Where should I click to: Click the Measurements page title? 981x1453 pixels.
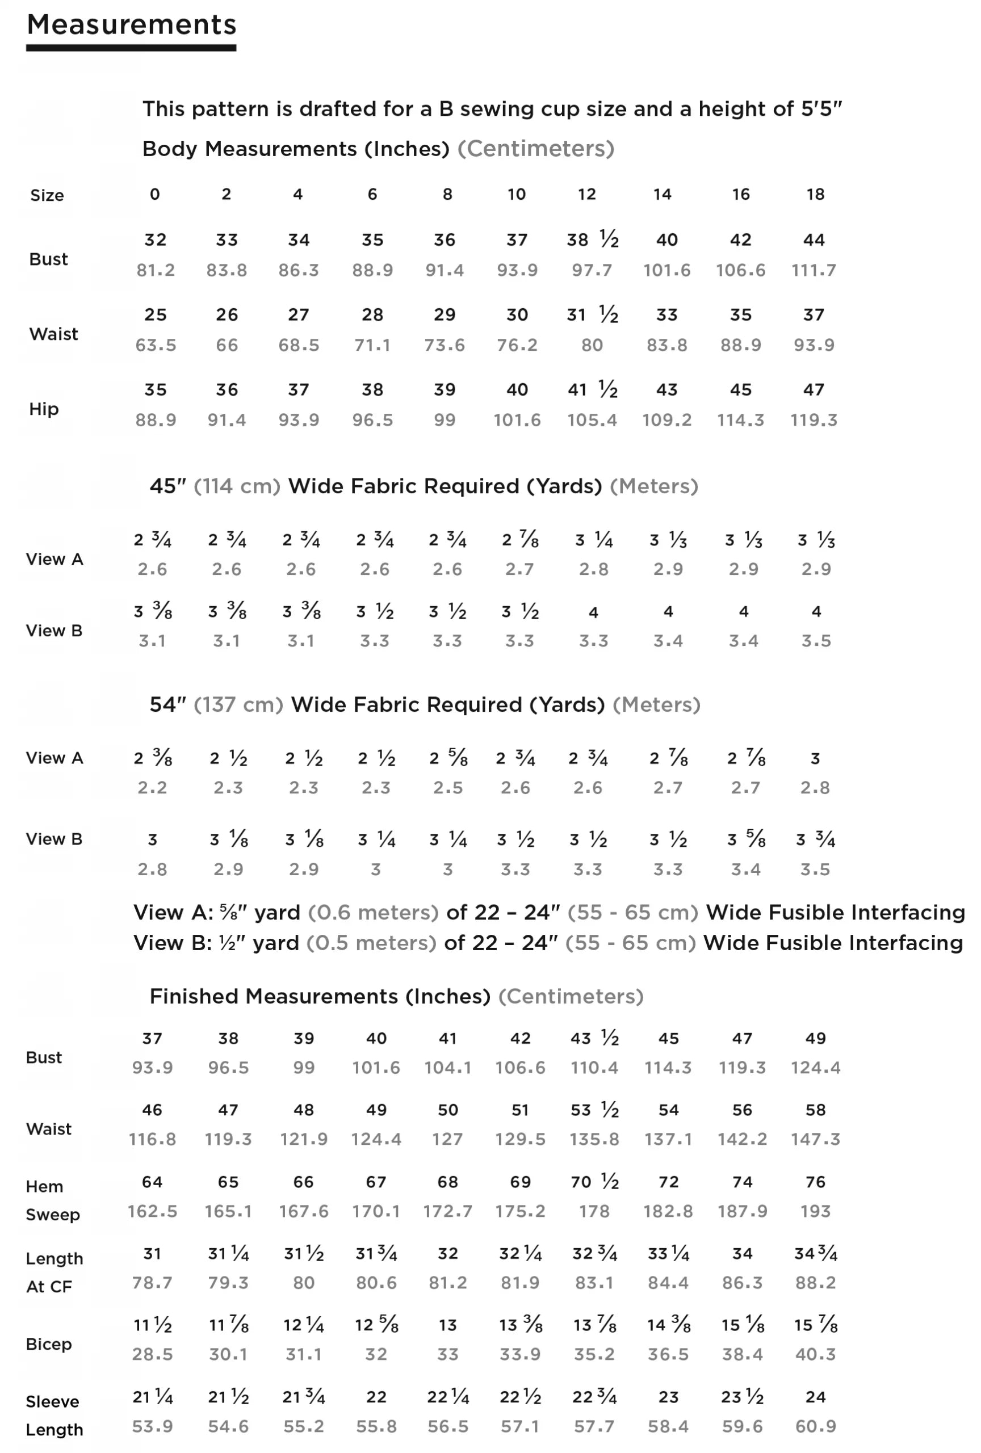pyautogui.click(x=131, y=25)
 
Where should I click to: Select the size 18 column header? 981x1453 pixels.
pyautogui.click(x=815, y=195)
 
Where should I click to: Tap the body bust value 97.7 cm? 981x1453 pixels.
pyautogui.click(x=592, y=270)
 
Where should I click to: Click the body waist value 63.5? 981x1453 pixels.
pyautogui.click(x=156, y=345)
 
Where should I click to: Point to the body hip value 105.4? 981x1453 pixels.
pyautogui.click(x=592, y=420)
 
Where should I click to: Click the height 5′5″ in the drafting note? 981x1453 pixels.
pyautogui.click(x=821, y=109)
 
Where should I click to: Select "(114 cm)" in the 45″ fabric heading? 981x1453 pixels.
pyautogui.click(x=237, y=486)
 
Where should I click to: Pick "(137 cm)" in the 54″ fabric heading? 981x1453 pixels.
pyautogui.click(x=238, y=704)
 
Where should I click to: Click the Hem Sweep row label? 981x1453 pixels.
pyautogui.click(x=53, y=1200)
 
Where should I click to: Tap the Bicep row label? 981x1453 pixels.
pyautogui.click(x=48, y=1343)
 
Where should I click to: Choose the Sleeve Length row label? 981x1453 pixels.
pyautogui.click(x=54, y=1416)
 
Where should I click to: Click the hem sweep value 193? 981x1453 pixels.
pyautogui.click(x=815, y=1211)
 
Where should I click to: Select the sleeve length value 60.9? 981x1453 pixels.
pyautogui.click(x=815, y=1426)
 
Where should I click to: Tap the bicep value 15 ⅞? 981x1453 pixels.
pyautogui.click(x=815, y=1325)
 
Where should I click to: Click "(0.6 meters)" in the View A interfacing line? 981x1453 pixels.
pyautogui.click(x=373, y=913)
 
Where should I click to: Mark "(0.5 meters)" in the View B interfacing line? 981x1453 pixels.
pyautogui.click(x=371, y=943)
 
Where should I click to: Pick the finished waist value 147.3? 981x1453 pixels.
pyautogui.click(x=815, y=1139)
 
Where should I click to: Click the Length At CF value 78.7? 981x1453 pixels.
pyautogui.click(x=152, y=1283)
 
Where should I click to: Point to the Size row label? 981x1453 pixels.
pyautogui.click(x=47, y=195)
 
